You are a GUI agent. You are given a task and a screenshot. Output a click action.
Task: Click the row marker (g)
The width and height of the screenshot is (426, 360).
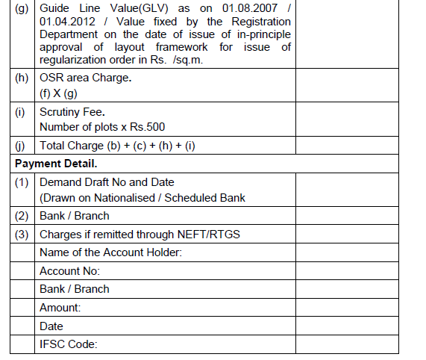point(21,8)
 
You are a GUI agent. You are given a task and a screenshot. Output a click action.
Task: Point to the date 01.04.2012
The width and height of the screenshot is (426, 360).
point(66,22)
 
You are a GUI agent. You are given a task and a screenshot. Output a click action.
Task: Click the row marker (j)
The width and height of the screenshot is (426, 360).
point(21,146)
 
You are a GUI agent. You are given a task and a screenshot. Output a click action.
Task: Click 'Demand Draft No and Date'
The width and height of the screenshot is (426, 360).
point(107,181)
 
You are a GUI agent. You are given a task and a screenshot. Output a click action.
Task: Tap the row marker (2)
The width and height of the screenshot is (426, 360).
point(22,216)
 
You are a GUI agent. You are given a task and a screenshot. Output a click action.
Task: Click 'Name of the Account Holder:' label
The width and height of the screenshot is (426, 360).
point(111,252)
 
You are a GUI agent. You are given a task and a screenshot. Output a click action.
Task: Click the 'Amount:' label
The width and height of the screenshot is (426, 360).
point(60,308)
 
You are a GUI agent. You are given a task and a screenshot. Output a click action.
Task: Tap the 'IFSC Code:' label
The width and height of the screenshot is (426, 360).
point(69,344)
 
